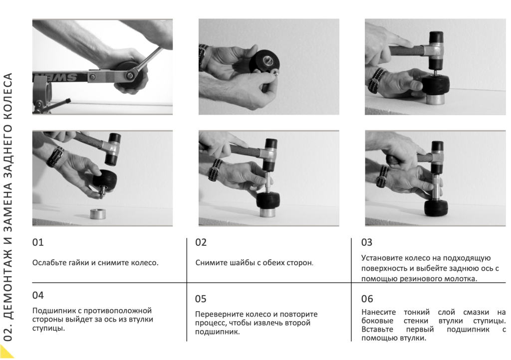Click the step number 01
(38, 242)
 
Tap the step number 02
(201, 242)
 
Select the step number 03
(367, 242)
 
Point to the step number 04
(38, 295)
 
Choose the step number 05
(201, 299)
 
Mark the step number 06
(367, 299)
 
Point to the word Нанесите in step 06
(378, 312)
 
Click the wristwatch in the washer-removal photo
(203, 56)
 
